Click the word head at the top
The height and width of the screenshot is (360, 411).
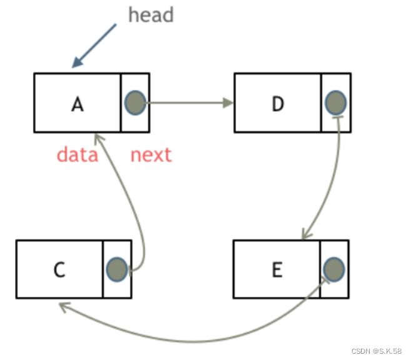(x=151, y=14)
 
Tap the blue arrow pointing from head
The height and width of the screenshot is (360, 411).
(x=94, y=45)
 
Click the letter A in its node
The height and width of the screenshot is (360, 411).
(x=77, y=104)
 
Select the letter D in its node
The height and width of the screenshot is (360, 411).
(x=278, y=103)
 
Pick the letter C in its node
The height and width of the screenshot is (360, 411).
(x=59, y=270)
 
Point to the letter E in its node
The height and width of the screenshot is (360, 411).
(x=277, y=269)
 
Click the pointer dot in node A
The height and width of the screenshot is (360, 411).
(x=135, y=102)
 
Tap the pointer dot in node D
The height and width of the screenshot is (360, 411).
(x=336, y=102)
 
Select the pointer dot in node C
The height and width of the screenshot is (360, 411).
(x=117, y=269)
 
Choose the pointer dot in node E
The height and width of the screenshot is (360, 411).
(x=334, y=269)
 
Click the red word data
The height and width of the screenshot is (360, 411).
(x=78, y=154)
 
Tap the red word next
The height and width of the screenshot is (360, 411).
(x=151, y=154)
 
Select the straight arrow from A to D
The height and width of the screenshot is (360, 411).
(x=188, y=102)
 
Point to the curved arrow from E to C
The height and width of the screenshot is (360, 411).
(x=188, y=339)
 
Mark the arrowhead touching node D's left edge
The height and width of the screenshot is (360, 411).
(x=228, y=102)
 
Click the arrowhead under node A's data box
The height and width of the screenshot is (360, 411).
(x=97, y=137)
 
